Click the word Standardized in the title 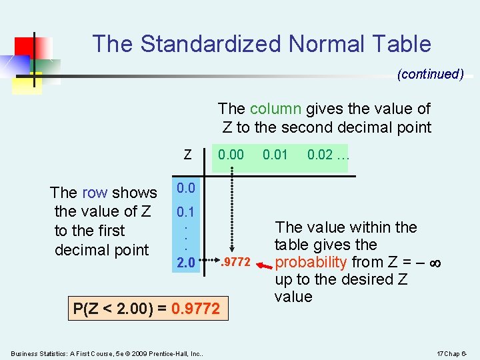click(211, 44)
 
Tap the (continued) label click(430, 74)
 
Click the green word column click(275, 109)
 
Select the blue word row click(94, 193)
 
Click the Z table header click(187, 155)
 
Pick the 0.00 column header click(231, 155)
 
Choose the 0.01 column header click(275, 155)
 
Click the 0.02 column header click(321, 155)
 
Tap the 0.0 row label click(185, 189)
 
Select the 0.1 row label click(185, 214)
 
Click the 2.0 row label click(185, 263)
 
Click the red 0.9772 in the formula click(195, 309)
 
